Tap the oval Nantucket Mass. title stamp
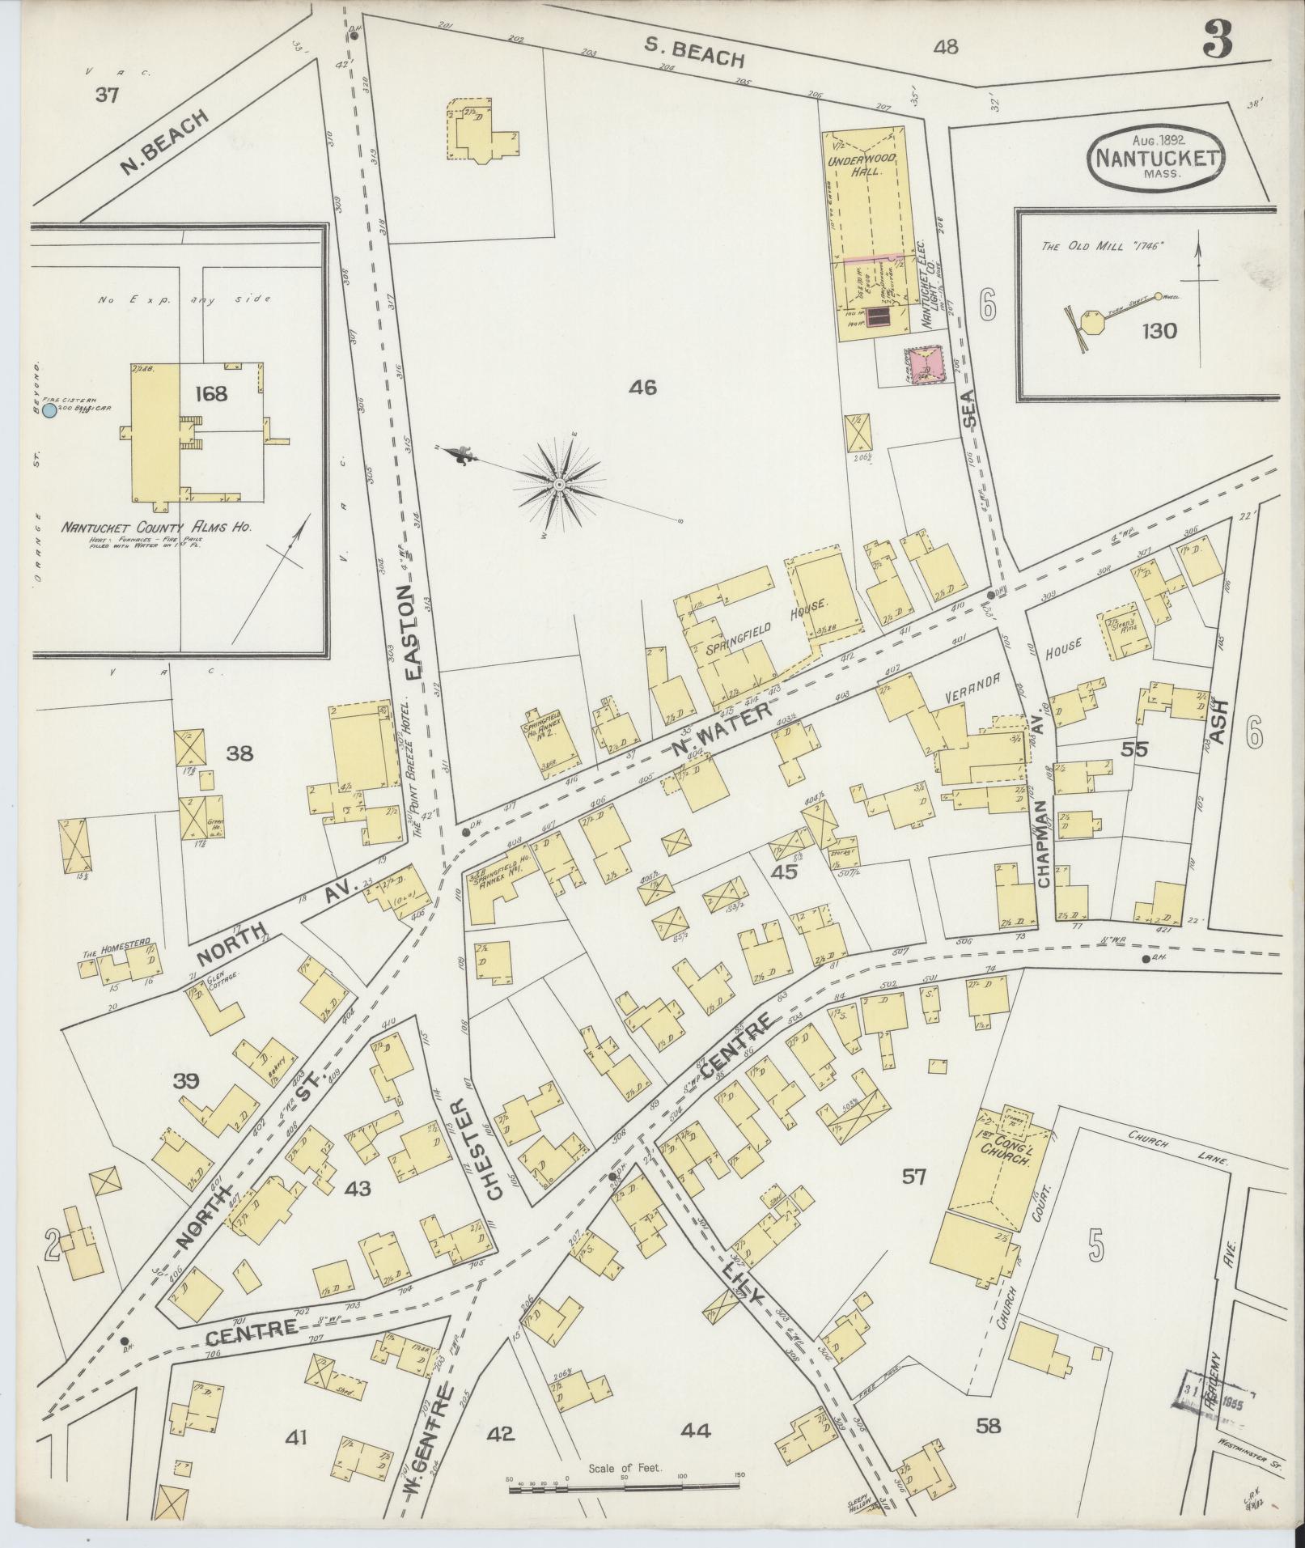(x=1157, y=157)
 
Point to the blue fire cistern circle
(x=49, y=411)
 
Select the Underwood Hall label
(x=870, y=165)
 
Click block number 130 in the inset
(x=1159, y=331)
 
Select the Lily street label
(x=741, y=1284)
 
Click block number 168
(x=210, y=394)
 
